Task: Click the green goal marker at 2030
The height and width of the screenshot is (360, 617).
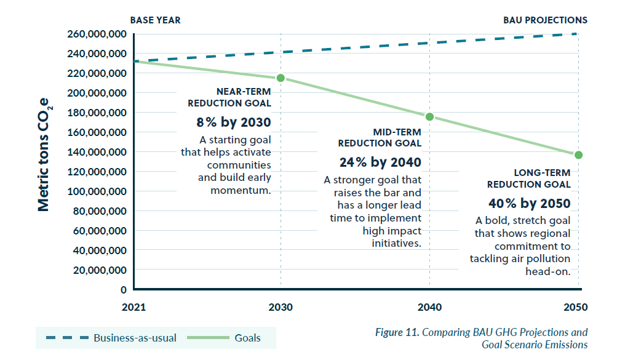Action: click(x=281, y=78)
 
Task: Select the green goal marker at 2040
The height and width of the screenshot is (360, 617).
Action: click(x=429, y=117)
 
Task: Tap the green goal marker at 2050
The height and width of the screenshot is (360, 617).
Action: click(x=578, y=155)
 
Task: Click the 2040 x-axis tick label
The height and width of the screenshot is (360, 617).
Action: click(x=429, y=307)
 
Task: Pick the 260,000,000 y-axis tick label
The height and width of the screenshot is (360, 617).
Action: click(x=95, y=34)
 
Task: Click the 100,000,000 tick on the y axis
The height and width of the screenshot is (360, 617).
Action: click(x=95, y=191)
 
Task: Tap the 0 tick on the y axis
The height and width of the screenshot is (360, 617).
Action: click(x=124, y=290)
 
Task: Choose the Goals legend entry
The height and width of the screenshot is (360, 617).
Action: click(x=247, y=338)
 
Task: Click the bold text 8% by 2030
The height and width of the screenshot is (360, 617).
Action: click(x=234, y=122)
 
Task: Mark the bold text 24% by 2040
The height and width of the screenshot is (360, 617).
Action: click(x=380, y=162)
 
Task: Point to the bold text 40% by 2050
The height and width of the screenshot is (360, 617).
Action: click(x=530, y=203)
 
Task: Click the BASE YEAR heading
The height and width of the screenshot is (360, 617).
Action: click(x=155, y=20)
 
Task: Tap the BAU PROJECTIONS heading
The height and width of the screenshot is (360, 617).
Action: click(x=545, y=20)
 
